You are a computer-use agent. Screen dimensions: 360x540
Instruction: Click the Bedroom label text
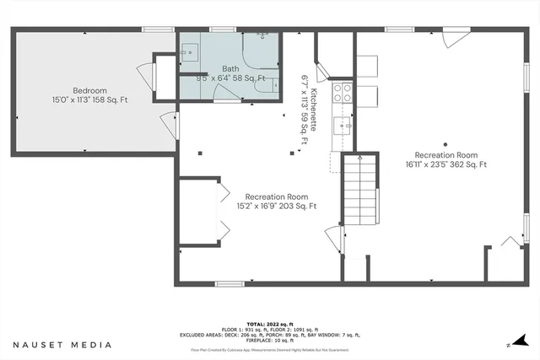tap(89, 90)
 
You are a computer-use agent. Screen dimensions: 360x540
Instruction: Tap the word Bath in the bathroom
tap(230, 69)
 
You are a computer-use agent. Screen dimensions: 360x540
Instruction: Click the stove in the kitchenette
tap(343, 92)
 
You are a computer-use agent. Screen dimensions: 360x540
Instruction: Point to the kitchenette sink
tap(344, 126)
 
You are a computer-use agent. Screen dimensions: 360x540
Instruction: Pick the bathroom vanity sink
tap(188, 52)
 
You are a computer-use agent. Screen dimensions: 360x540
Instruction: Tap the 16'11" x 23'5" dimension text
tap(446, 164)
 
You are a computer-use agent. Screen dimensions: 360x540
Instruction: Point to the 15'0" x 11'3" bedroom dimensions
tap(89, 99)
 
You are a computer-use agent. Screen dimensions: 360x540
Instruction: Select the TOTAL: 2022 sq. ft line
tap(270, 324)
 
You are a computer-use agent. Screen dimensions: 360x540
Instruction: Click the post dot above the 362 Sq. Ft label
tap(445, 144)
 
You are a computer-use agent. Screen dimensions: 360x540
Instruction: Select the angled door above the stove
tap(323, 67)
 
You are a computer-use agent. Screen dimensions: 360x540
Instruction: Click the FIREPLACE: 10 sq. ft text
tap(270, 339)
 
